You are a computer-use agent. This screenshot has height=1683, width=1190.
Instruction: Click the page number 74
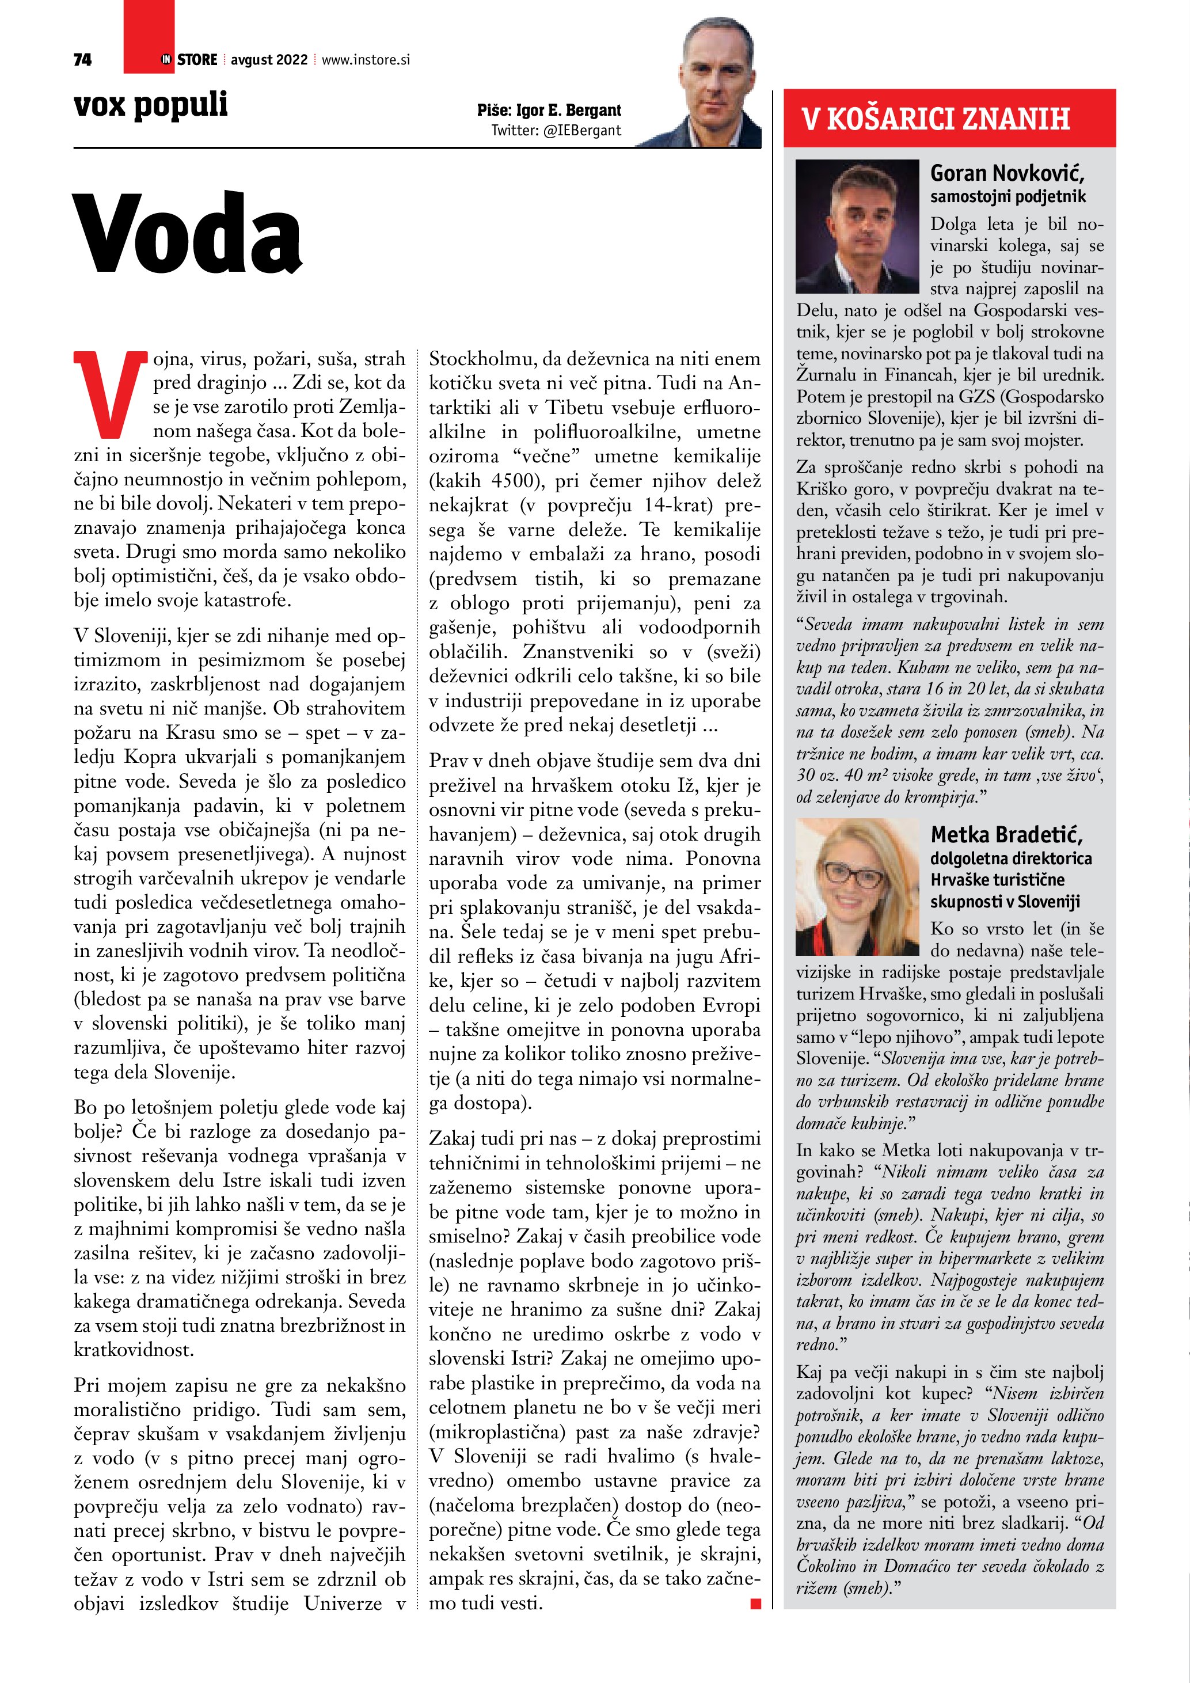point(83,59)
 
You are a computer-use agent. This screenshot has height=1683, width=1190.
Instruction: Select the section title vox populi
point(151,105)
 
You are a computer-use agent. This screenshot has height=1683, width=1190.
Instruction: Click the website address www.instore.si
point(366,60)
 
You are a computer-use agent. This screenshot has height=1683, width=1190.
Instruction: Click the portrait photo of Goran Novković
point(857,226)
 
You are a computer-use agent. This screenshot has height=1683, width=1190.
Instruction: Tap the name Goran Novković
point(1007,174)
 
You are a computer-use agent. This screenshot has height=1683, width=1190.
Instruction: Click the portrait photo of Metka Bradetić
point(857,886)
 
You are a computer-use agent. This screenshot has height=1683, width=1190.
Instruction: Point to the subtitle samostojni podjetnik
point(1007,196)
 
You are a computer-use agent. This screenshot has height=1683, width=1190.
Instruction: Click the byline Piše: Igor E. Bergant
point(549,111)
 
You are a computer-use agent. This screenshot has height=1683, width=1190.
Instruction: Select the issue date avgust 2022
point(269,60)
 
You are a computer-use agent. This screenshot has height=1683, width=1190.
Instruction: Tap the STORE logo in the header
point(190,59)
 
